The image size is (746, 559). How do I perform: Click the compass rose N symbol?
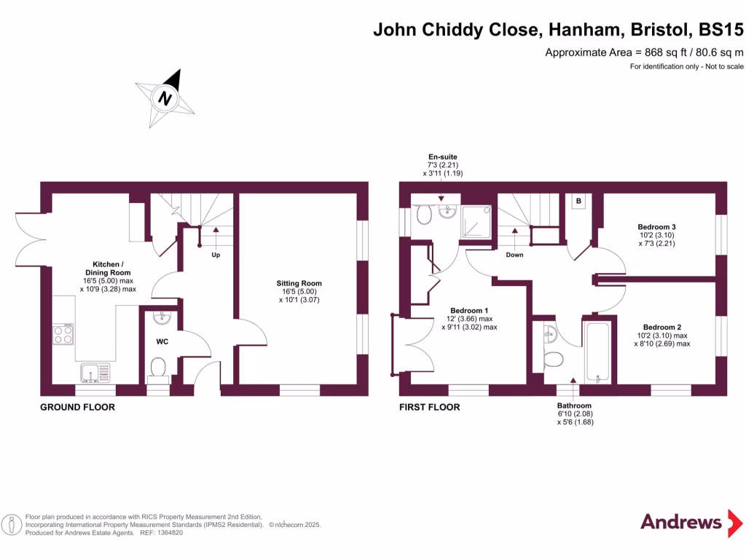click(165, 98)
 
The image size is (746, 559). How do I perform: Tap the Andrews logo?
click(681, 522)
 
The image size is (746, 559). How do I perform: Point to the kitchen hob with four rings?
click(63, 333)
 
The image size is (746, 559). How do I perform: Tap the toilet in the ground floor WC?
click(158, 368)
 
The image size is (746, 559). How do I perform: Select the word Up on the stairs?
click(216, 255)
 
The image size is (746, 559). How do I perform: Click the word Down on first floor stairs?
click(514, 255)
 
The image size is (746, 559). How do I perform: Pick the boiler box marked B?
click(578, 201)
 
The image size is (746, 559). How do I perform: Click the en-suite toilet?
click(425, 215)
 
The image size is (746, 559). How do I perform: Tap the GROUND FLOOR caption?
click(77, 408)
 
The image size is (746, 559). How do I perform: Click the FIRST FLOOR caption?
click(429, 408)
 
